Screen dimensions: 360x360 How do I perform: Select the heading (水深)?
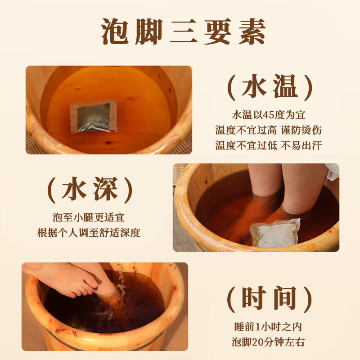(90, 190)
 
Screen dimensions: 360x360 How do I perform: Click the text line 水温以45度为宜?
(269, 115)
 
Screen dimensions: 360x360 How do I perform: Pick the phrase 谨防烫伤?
(301, 130)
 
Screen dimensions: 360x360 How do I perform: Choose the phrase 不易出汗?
(301, 145)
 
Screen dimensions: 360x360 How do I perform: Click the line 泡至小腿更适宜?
(90, 218)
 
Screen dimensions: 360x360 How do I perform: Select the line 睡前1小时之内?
(269, 327)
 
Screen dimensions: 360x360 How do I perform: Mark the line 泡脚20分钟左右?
(269, 342)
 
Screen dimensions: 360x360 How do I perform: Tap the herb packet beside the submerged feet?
(275, 231)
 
